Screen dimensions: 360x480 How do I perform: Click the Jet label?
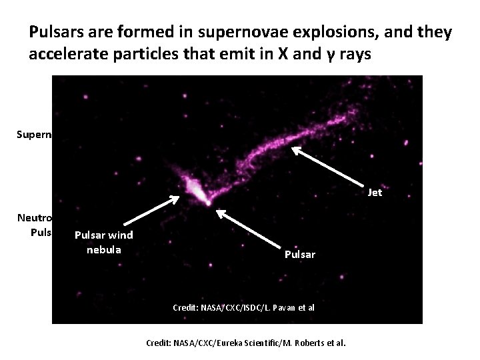[375, 193]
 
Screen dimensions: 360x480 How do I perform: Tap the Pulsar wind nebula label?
[103, 241]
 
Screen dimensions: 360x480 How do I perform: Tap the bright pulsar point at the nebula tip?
[208, 201]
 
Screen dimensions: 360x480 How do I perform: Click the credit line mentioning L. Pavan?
[243, 308]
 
